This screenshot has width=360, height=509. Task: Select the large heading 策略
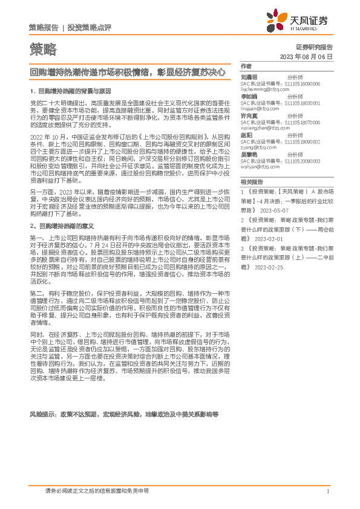pos(42,48)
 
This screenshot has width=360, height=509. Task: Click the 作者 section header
pos(246,66)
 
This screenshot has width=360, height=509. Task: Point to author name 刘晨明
pos(249,78)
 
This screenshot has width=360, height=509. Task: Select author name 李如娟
pos(249,96)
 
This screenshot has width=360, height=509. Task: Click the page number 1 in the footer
pos(327,491)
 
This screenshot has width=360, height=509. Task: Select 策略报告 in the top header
pos(44,28)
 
